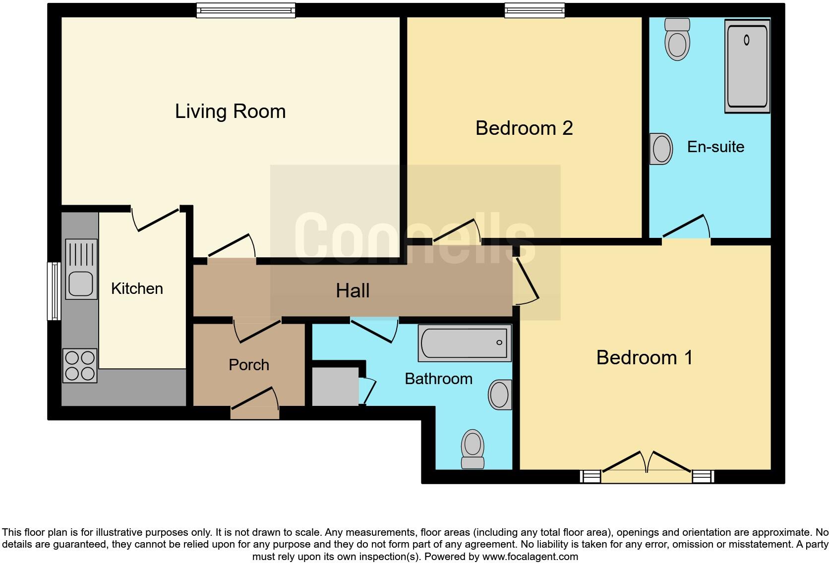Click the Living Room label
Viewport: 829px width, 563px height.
[230, 112]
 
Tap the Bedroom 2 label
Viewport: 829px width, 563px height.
[524, 128]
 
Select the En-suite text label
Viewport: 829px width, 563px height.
[715, 147]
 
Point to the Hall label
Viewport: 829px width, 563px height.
[353, 291]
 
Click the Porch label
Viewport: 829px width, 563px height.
[249, 365]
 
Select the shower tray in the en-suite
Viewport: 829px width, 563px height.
[747, 66]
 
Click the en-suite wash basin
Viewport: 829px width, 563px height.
[661, 148]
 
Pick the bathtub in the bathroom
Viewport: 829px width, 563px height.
[465, 342]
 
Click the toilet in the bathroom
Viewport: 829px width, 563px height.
[473, 449]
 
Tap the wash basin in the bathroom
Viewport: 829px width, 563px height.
[500, 395]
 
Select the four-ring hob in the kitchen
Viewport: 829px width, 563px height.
[80, 366]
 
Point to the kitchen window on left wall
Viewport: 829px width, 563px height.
[54, 291]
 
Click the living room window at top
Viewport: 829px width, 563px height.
[245, 10]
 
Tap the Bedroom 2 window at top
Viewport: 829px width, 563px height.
[534, 10]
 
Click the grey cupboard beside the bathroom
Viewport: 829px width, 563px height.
[335, 386]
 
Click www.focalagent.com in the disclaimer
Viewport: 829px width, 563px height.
[530, 557]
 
